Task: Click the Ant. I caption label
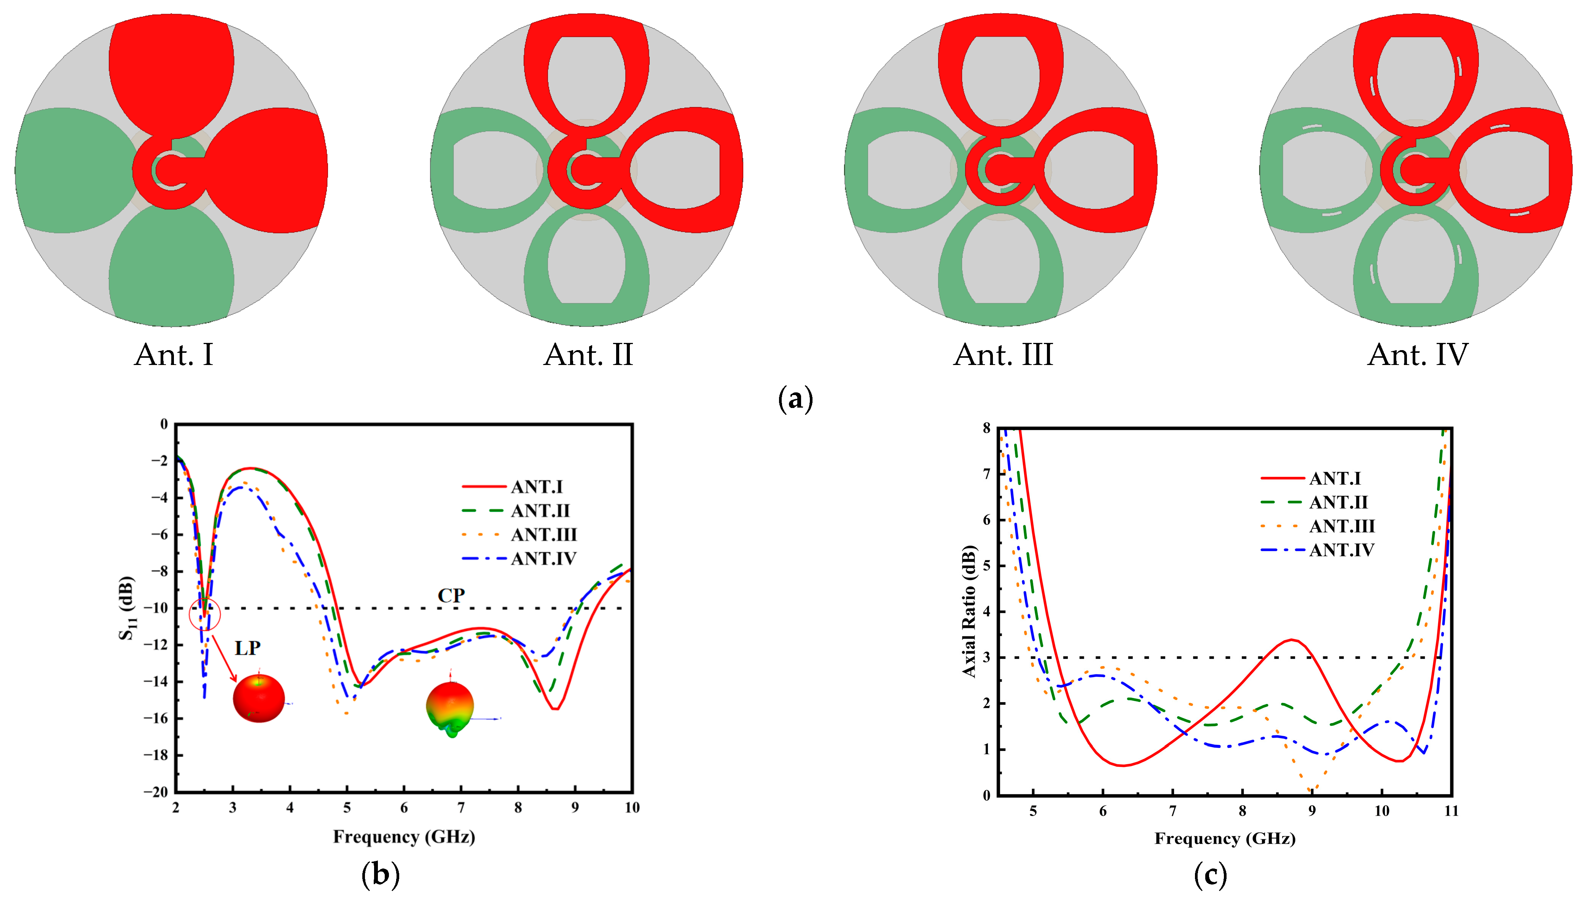tap(174, 355)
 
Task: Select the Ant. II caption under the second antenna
tap(588, 355)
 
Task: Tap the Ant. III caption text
tap(1003, 355)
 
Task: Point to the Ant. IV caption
tap(1417, 355)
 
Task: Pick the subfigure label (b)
tap(380, 875)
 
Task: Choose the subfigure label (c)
tap(1210, 875)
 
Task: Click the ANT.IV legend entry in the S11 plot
tap(543, 559)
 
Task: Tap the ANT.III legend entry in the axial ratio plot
tap(1341, 527)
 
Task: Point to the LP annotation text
tap(247, 648)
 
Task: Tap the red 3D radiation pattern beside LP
tap(259, 698)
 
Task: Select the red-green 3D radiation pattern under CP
tap(450, 708)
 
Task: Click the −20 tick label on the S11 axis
tap(156, 792)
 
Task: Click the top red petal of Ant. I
tap(172, 71)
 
